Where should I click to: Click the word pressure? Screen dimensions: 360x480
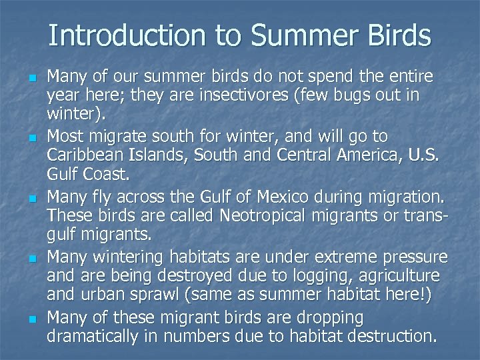pyautogui.click(x=414, y=257)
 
